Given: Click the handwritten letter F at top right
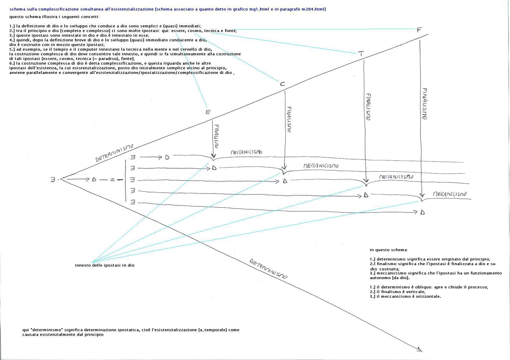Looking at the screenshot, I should pos(419,30).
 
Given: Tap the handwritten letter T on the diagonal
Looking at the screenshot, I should pos(361,54).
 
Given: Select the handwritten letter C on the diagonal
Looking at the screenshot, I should pos(282,84).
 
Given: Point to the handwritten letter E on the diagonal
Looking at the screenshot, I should pos(208,112).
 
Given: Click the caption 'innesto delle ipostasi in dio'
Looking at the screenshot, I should pos(105,265).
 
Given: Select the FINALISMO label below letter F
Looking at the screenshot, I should pos(424,104).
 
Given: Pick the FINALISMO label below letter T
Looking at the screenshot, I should pos(368,107).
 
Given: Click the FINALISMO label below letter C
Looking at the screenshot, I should pos(289,119).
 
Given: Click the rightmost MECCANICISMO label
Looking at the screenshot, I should pos(449,194).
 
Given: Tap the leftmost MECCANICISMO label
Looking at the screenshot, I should pos(246,152).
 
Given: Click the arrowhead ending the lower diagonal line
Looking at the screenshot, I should pos(420,350).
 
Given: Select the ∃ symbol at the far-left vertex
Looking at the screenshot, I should pos(53,180).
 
